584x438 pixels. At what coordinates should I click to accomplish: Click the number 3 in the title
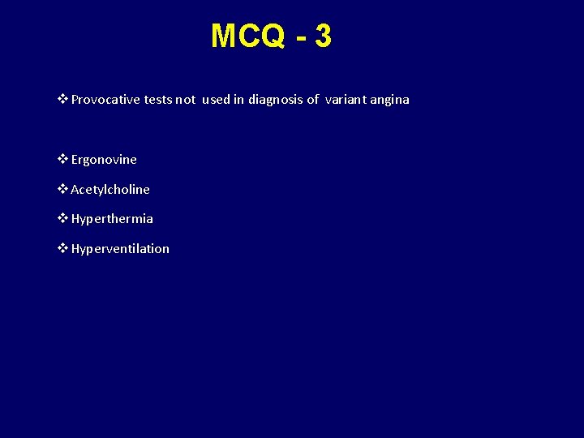coord(323,36)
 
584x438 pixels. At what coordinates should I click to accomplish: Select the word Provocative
coord(105,100)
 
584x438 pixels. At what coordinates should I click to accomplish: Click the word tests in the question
coord(157,100)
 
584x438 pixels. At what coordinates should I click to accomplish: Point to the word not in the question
coord(185,100)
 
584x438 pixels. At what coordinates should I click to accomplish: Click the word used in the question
coord(216,100)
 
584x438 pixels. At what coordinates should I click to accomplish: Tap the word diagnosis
coord(276,100)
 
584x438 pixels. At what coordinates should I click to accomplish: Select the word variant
coord(347,100)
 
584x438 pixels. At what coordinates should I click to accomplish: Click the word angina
coord(391,100)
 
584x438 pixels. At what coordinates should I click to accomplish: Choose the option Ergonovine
coord(104,160)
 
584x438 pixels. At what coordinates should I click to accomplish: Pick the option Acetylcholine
coord(110,190)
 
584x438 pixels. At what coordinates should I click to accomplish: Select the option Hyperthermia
coord(112,219)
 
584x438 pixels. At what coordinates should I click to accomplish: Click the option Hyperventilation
coord(120,249)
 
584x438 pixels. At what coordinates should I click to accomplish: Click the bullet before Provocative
coord(63,100)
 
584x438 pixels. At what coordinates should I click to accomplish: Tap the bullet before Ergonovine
coord(63,160)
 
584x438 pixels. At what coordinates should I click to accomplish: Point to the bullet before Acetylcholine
coord(63,190)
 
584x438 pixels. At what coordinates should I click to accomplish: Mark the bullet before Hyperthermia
coord(63,219)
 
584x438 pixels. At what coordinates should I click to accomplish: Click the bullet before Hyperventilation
coord(63,249)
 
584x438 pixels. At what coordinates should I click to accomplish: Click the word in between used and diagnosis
coord(239,100)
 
